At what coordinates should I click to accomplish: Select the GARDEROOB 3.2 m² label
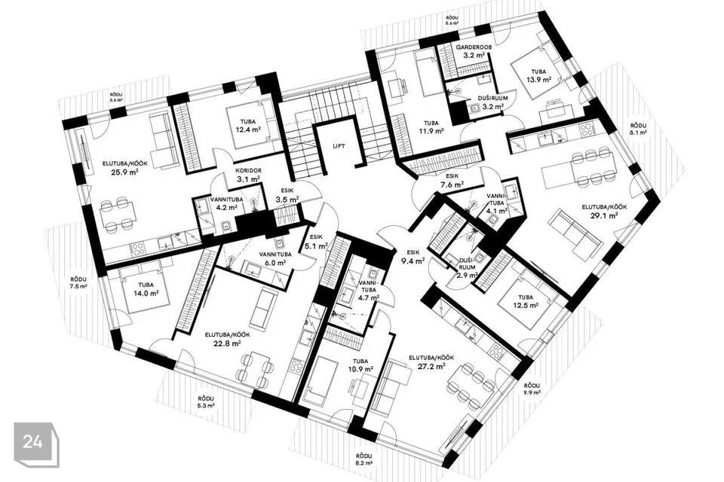coord(474,52)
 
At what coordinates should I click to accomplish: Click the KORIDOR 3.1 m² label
coord(248,175)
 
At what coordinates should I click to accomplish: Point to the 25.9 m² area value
coord(122,172)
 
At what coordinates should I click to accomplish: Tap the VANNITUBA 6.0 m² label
coord(275,258)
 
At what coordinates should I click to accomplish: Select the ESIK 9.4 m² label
coord(413,258)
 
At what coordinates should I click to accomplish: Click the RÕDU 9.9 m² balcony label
coord(532,389)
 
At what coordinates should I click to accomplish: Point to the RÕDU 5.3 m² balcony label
coord(206,402)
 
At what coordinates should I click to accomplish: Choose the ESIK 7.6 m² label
coord(452,181)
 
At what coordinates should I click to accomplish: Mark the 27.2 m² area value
coord(434,366)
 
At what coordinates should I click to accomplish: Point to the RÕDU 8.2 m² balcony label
coord(364,459)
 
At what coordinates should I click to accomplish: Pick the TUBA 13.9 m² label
coord(539,75)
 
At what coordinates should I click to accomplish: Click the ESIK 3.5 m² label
coord(287,196)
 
